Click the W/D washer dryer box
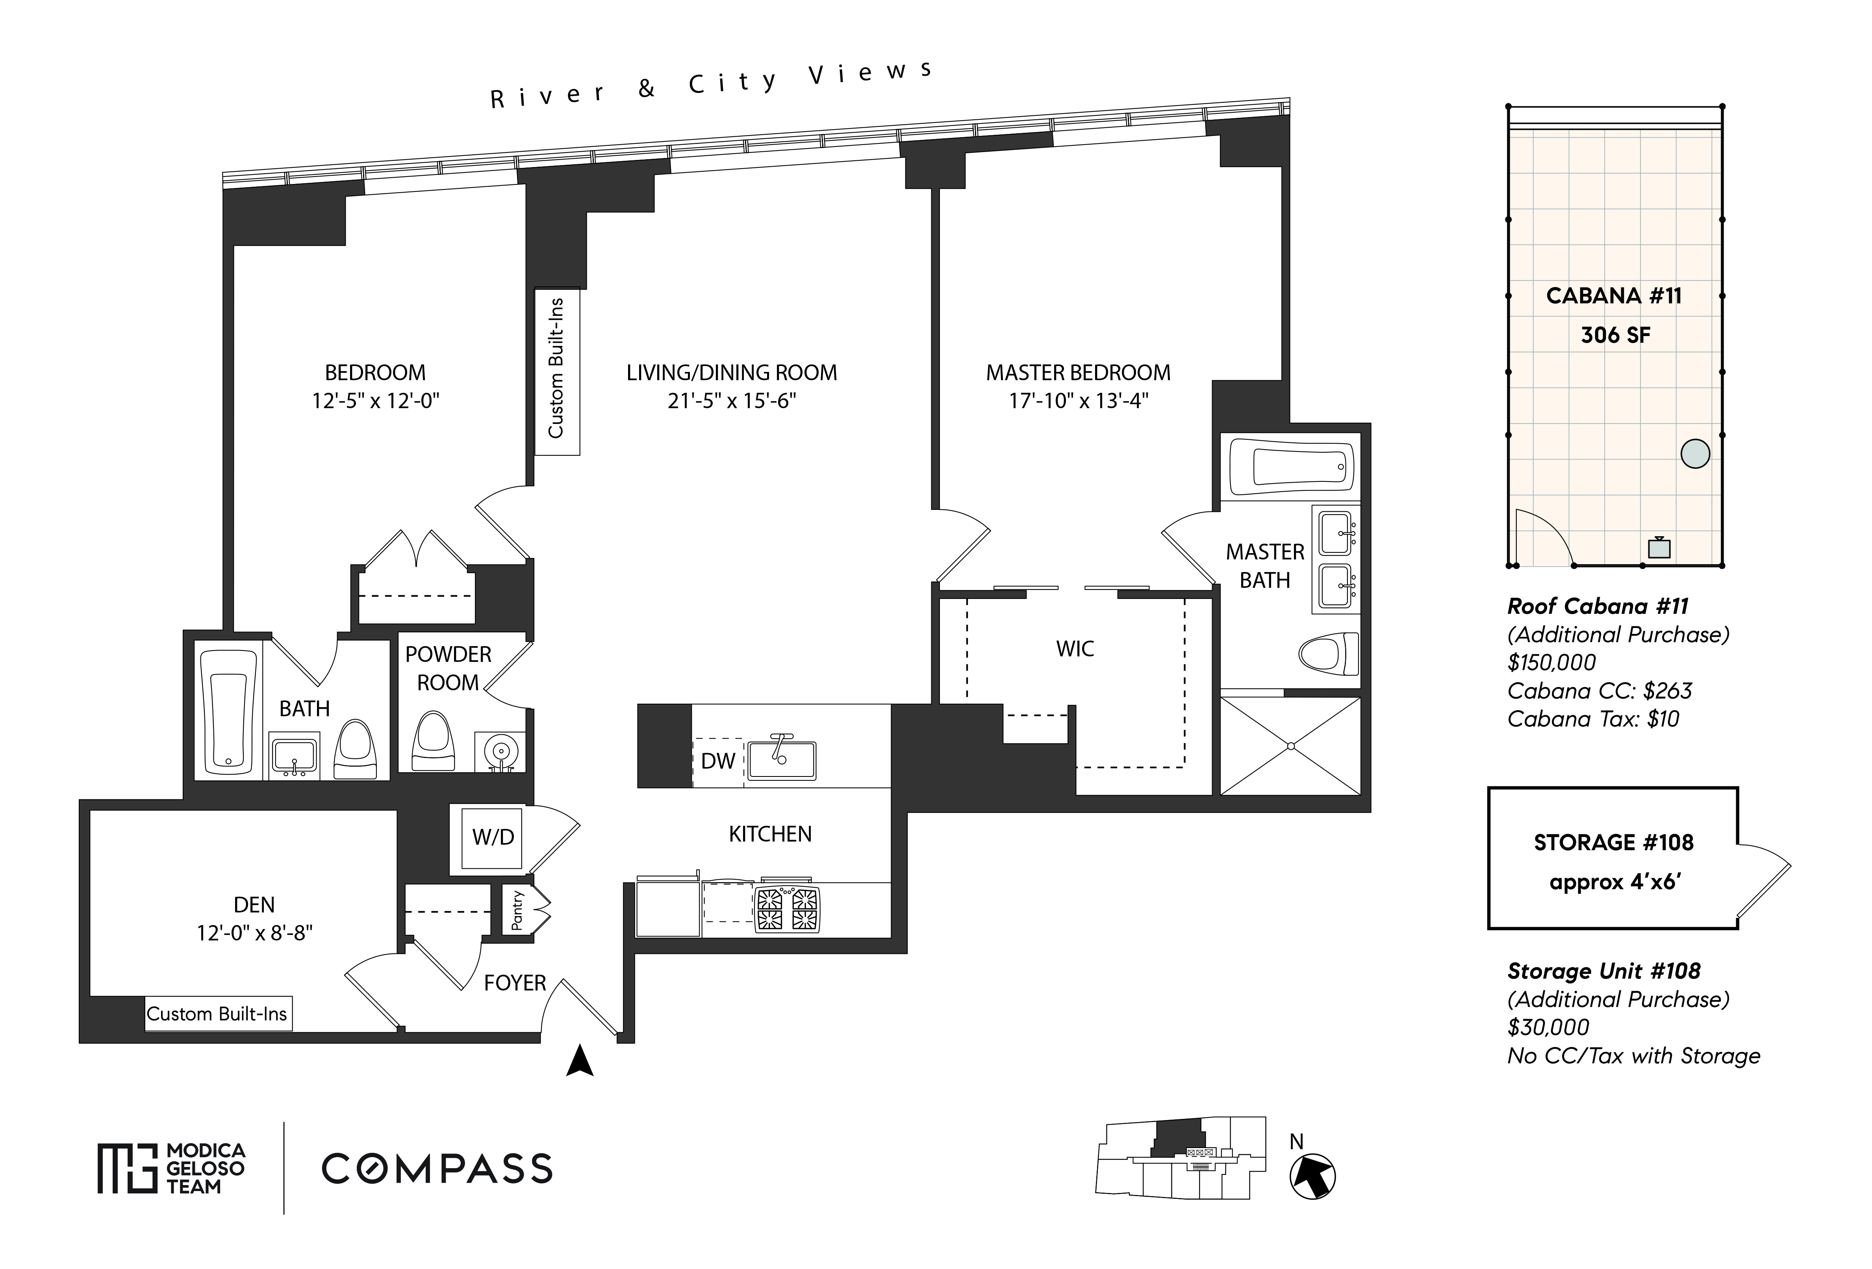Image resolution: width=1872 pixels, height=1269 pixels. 492,837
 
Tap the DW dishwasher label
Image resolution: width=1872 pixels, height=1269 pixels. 718,761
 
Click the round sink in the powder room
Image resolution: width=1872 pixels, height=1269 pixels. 499,752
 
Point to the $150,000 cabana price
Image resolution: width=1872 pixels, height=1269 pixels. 1551,662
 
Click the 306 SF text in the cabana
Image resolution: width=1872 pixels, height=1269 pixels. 1615,335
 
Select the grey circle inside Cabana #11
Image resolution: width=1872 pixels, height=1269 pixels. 1695,453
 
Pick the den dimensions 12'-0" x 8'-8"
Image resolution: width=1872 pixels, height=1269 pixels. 254,933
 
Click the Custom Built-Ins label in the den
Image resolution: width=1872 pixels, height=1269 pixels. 217,1014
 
